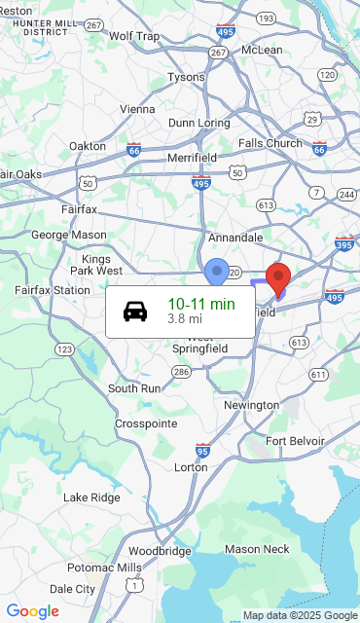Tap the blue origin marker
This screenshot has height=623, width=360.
[217, 271]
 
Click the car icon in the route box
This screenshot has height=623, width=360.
[135, 311]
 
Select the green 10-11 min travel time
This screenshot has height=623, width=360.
[201, 304]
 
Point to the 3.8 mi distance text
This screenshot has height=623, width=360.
[185, 318]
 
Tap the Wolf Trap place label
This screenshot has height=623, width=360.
[134, 36]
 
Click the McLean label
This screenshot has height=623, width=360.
[262, 50]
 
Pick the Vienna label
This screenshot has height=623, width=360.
[137, 109]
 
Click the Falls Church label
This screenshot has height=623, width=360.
[270, 143]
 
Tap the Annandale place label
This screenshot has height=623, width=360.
[235, 237]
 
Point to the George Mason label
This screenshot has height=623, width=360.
[69, 235]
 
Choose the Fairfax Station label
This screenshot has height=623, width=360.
[53, 290]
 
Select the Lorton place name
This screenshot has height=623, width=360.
[191, 467]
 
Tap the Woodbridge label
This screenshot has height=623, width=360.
[160, 551]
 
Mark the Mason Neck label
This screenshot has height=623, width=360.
[257, 550]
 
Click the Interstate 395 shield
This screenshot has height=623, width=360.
[343, 242]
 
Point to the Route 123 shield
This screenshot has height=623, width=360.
[65, 348]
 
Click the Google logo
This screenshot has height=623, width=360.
[32, 611]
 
